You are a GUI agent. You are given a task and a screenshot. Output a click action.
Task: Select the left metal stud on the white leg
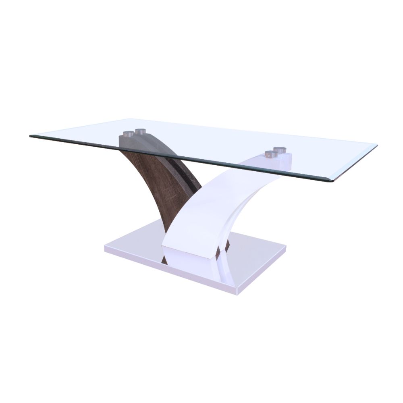pos(269,154)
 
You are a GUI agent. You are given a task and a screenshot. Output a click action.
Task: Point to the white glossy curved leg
pos(210,201)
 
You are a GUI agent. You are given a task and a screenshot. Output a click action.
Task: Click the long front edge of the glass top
pos(181,159)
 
